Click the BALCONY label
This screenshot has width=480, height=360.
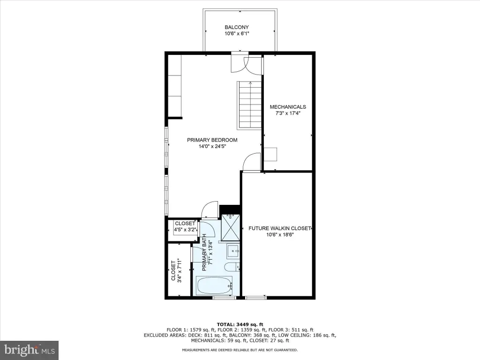point(237,27)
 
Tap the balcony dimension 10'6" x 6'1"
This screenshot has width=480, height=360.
point(237,34)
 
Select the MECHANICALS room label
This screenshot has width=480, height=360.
point(288,107)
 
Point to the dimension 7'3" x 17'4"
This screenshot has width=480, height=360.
point(288,113)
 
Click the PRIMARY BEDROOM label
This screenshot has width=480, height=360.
point(212,140)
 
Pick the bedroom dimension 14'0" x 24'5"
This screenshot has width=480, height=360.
point(212,146)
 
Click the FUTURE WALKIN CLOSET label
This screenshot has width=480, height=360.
point(280,228)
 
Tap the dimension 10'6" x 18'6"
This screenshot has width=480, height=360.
point(280,235)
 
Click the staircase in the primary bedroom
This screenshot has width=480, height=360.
point(249,105)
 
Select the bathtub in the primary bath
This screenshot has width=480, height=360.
point(214,285)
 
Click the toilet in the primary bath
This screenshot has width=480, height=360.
point(232,267)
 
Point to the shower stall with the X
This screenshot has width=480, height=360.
point(231,227)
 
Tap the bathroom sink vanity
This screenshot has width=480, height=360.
point(233,251)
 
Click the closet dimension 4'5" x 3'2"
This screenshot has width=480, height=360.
point(185,230)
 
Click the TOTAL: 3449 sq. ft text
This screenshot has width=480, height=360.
point(240,324)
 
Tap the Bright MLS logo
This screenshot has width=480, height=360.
point(30,350)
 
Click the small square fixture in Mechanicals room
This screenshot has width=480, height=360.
point(270,154)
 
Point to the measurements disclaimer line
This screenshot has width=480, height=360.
point(240,350)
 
